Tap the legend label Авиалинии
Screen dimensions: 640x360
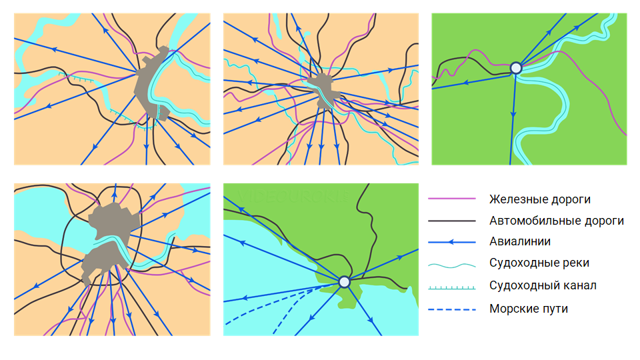pos(519,241)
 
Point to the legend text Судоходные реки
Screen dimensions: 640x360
pos(539,263)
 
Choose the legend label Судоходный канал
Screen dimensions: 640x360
pos(543,285)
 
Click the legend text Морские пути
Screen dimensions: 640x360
pos(529,309)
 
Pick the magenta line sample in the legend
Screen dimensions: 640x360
pos(452,199)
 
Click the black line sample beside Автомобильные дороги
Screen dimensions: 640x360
pos(452,221)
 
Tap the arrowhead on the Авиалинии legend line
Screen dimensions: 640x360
pos(451,242)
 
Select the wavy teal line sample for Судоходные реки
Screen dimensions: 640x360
pos(452,266)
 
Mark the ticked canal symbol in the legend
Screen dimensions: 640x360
pos(452,288)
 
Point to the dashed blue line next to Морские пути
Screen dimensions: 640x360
pos(452,309)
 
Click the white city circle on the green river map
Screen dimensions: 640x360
pos(516,68)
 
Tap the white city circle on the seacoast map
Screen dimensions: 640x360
pos(345,281)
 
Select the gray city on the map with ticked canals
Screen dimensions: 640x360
pos(152,84)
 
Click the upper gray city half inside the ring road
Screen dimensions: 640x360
pos(114,221)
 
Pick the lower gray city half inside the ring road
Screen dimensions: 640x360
pos(105,261)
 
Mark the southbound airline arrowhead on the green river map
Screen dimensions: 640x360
pos(513,115)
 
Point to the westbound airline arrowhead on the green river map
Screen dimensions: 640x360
pos(465,83)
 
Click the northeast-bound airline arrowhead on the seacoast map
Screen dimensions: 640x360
pos(401,257)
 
